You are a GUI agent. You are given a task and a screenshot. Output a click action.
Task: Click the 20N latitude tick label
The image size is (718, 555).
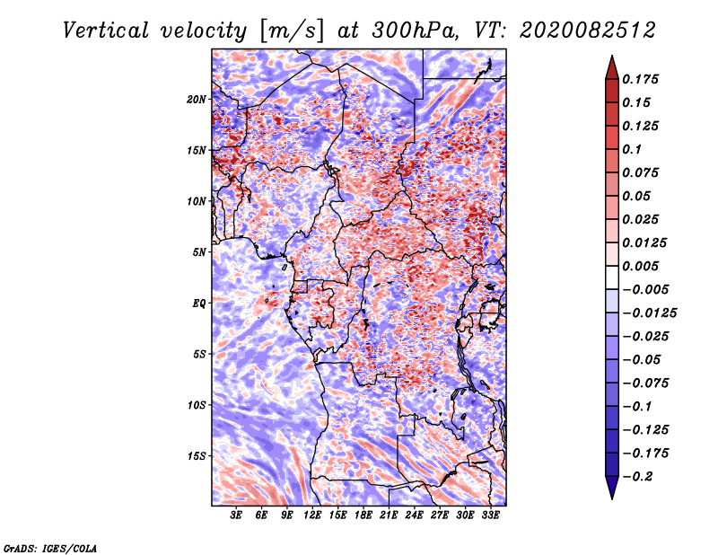click(x=197, y=100)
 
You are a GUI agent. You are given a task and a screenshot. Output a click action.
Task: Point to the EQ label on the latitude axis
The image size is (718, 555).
click(x=198, y=304)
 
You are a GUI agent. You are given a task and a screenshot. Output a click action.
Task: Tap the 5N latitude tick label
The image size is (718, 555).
click(x=199, y=252)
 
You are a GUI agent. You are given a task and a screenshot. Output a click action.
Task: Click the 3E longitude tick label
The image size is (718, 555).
click(x=236, y=515)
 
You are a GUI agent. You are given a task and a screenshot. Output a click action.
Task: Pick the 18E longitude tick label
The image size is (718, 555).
click(x=363, y=515)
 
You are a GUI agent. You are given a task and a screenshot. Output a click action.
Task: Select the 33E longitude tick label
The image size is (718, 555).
click(x=490, y=515)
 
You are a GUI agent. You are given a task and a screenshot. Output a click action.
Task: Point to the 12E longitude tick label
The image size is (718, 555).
click(x=312, y=515)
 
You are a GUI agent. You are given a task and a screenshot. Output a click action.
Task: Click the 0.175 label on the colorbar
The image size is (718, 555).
click(x=640, y=79)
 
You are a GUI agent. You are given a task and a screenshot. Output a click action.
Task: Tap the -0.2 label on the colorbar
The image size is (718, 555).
click(x=637, y=477)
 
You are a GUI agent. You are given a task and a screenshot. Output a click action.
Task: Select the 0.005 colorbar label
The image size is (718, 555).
click(x=640, y=266)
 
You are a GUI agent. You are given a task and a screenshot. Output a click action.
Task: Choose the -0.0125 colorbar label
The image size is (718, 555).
click(x=649, y=313)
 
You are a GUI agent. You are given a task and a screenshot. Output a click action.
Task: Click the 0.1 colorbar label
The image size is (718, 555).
click(x=632, y=149)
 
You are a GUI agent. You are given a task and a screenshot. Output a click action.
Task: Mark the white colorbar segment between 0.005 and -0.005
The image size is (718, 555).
click(x=612, y=277)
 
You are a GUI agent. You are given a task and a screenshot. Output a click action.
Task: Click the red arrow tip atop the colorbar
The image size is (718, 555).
click(x=612, y=57)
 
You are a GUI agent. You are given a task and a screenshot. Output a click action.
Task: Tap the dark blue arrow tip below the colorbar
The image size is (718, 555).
click(x=612, y=498)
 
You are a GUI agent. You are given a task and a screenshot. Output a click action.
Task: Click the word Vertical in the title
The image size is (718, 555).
click(x=106, y=31)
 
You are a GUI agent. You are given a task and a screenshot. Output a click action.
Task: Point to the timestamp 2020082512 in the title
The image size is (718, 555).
click(x=588, y=31)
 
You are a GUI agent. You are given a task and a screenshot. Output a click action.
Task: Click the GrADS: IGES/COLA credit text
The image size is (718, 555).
click(x=50, y=548)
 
